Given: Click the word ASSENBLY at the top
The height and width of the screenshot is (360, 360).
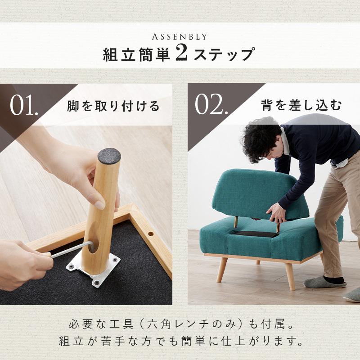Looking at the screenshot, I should (180, 36).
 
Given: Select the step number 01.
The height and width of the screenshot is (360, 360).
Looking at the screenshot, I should (24, 106).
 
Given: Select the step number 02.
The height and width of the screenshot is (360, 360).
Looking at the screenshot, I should (210, 106).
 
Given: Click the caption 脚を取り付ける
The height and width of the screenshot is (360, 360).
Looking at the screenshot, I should (113, 107).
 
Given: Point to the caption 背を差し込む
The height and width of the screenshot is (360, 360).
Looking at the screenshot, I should (301, 106).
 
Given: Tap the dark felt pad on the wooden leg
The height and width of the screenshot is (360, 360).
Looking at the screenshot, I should (109, 156).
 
